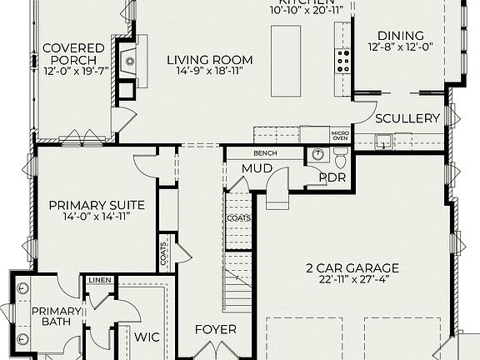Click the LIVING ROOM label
[209, 60]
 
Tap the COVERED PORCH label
[74, 55]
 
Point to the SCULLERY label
[407, 119]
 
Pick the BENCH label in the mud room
[267, 154]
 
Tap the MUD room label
[257, 169]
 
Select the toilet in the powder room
[340, 156]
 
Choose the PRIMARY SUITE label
[97, 205]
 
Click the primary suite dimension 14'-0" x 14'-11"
[97, 217]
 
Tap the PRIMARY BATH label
[56, 318]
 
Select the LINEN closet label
[99, 280]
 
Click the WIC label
[147, 337]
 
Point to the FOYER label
[216, 329]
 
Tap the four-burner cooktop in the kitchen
[342, 60]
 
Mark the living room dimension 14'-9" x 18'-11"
[209, 72]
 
